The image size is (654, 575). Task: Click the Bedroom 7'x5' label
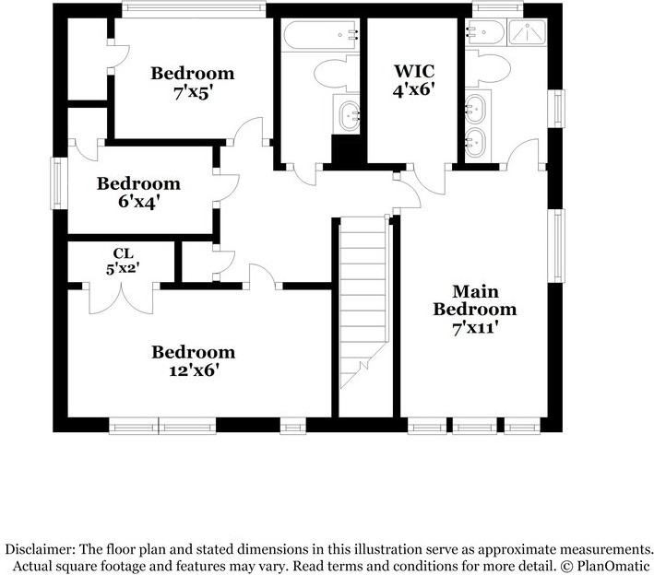click(x=193, y=82)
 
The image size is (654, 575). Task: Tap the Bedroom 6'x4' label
click(x=138, y=192)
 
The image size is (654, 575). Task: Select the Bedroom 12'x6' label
click(x=193, y=361)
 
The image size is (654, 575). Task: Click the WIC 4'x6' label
click(x=413, y=80)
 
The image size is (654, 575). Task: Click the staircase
click(x=363, y=304)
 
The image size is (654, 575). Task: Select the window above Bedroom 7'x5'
click(x=193, y=10)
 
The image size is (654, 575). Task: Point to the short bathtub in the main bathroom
click(x=486, y=35)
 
